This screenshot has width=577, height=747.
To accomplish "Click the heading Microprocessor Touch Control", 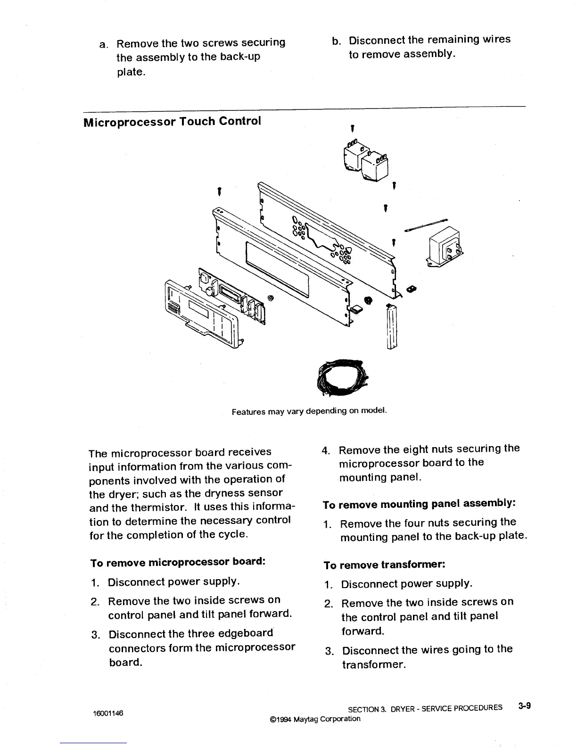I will [172, 121].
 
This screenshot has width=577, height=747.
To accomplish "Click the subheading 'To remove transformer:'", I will [385, 564].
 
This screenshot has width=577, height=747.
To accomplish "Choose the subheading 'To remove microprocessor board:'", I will [177, 562].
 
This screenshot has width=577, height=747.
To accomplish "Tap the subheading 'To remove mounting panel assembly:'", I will [419, 504].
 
